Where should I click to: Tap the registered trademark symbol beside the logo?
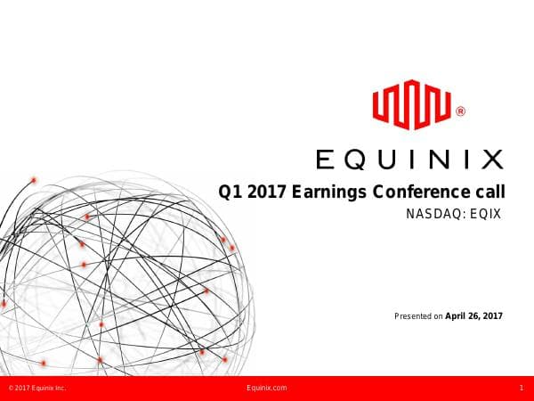click(x=459, y=112)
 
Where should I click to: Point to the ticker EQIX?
click(x=485, y=215)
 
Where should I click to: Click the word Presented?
click(x=412, y=315)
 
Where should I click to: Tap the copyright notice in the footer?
click(x=36, y=389)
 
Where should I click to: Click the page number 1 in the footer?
click(x=520, y=389)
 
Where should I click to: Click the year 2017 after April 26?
click(x=494, y=315)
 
